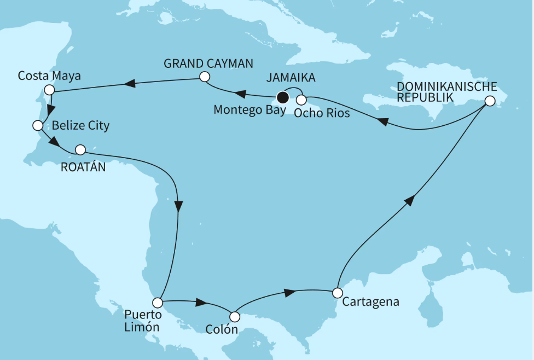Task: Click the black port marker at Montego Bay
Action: point(282,98)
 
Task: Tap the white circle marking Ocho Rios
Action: point(301,100)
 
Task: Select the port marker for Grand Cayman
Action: point(205,77)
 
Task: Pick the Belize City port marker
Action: point(38,126)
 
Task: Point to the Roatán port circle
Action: point(80,149)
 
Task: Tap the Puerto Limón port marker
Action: point(158,302)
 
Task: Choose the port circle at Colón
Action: point(235,317)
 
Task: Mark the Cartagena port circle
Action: point(338,293)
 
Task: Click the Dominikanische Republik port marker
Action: point(490,101)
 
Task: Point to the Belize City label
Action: point(81,126)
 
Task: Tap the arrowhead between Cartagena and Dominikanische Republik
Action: point(410,201)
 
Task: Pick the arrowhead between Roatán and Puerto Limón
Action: point(178,206)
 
